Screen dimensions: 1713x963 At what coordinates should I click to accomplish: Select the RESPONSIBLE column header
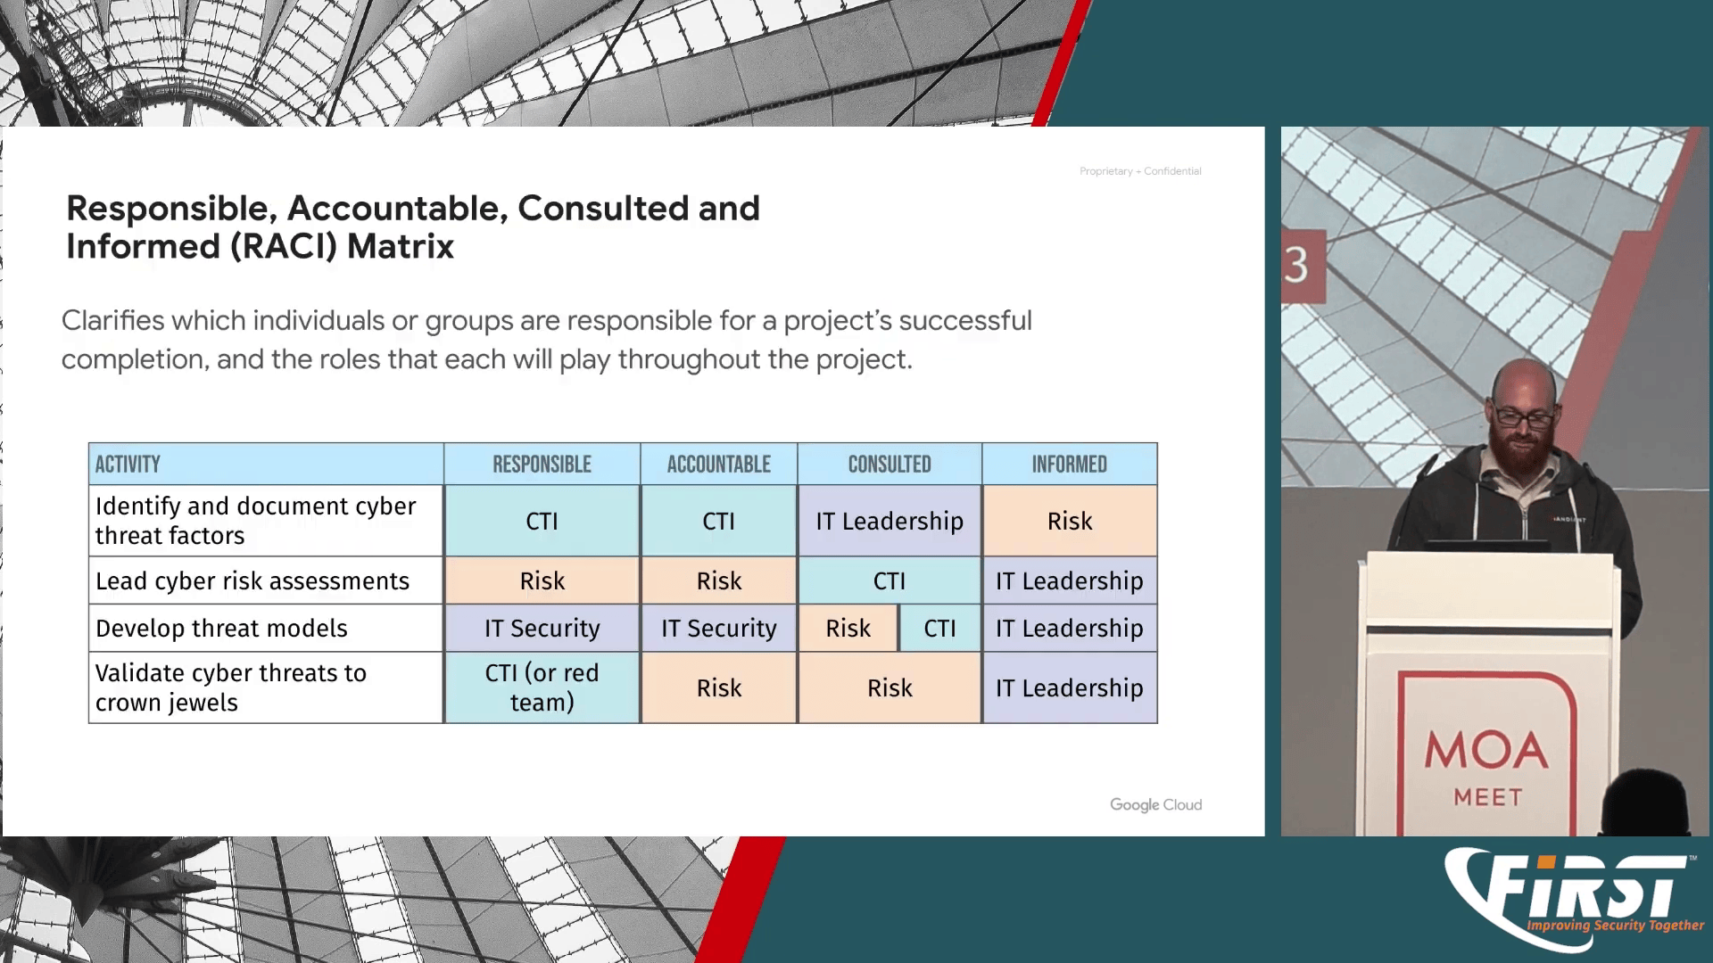[542, 464]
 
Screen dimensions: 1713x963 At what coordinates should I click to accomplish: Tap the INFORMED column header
[1070, 464]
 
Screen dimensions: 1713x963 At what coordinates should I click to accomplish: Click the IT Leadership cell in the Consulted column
[890, 521]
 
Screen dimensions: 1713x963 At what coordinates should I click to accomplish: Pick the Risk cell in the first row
[1070, 521]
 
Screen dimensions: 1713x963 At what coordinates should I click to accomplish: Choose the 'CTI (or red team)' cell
[542, 687]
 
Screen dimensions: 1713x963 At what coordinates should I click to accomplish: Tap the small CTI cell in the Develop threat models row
[940, 628]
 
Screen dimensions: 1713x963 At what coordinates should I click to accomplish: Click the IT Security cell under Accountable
[719, 628]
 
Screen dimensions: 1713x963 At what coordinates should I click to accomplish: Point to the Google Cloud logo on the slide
[1155, 805]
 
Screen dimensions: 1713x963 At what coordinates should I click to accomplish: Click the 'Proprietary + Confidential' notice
[1140, 171]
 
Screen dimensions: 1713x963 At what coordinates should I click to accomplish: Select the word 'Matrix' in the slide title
[401, 246]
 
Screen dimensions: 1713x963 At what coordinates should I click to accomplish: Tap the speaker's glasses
[1523, 416]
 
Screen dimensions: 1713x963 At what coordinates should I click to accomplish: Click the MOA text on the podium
[1486, 751]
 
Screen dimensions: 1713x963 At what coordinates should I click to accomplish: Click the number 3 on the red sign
[1296, 265]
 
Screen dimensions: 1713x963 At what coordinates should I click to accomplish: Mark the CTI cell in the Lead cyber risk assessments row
[890, 580]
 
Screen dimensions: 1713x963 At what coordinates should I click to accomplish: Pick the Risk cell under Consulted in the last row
[890, 687]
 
